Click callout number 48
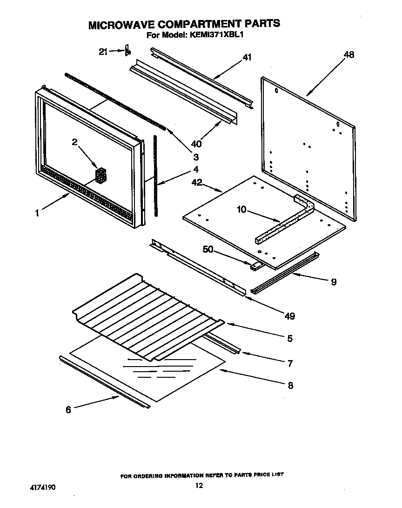click(x=348, y=55)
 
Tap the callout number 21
click(x=103, y=52)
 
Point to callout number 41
click(x=247, y=58)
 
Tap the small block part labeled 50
click(x=255, y=267)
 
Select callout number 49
click(x=289, y=316)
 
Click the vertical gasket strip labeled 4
click(x=155, y=177)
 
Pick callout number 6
click(x=68, y=410)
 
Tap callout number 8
click(x=290, y=385)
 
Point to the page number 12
click(x=199, y=487)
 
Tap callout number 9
click(x=334, y=282)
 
